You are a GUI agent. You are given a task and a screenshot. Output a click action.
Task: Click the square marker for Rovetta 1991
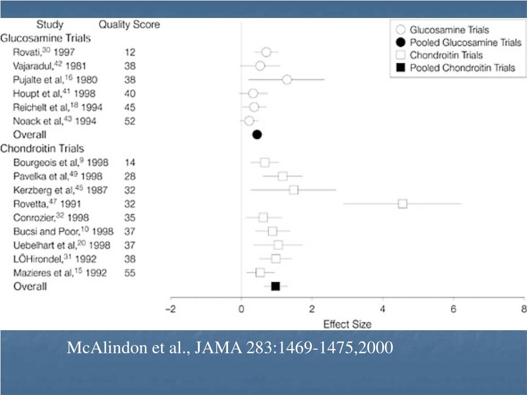pos(402,204)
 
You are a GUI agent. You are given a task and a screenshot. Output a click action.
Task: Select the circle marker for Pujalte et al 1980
pos(287,79)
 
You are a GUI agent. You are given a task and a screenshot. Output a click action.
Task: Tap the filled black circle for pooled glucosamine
pos(257,135)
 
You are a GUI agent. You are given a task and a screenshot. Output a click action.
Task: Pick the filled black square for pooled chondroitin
pos(275,286)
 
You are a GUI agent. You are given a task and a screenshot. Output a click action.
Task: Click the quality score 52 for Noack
pos(130,121)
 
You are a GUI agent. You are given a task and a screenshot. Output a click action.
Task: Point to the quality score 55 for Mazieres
pos(130,273)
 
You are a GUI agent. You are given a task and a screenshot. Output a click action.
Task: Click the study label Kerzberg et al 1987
pos(60,190)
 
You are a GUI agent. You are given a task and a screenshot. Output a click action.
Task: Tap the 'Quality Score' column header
pos(129,24)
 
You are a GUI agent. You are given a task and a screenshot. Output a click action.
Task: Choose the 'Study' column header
pos(50,24)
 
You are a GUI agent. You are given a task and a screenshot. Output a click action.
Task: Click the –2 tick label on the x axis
pos(171,309)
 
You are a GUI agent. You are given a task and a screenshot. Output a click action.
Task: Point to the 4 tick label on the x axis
pos(382,309)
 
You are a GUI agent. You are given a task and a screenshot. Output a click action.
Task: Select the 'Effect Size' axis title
pos(347,324)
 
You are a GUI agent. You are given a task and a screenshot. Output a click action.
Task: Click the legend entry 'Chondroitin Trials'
pos(446,55)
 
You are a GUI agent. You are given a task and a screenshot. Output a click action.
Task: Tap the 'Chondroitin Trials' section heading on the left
pos(42,149)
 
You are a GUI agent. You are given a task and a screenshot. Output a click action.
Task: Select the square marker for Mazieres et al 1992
pos(260,273)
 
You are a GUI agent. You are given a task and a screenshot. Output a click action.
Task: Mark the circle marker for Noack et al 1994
pos(249,121)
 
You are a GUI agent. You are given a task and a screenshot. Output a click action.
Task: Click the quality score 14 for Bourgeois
pos(130,163)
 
